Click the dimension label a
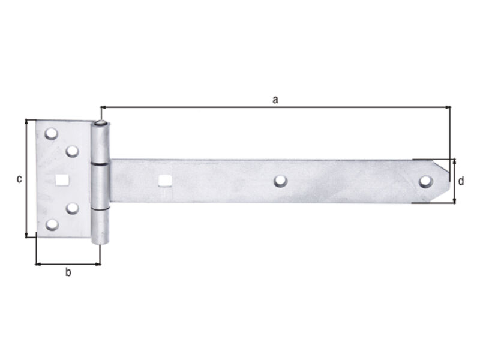pos(275,100)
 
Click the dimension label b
pos(68,272)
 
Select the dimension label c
pos(19,179)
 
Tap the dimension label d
pos(461,181)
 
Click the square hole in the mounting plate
pos(62,179)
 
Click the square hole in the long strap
pos(164,181)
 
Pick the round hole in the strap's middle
pos(280,181)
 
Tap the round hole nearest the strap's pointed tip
pos(426,182)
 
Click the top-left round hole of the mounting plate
pos(51,134)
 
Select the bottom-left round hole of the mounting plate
pos(52,224)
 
